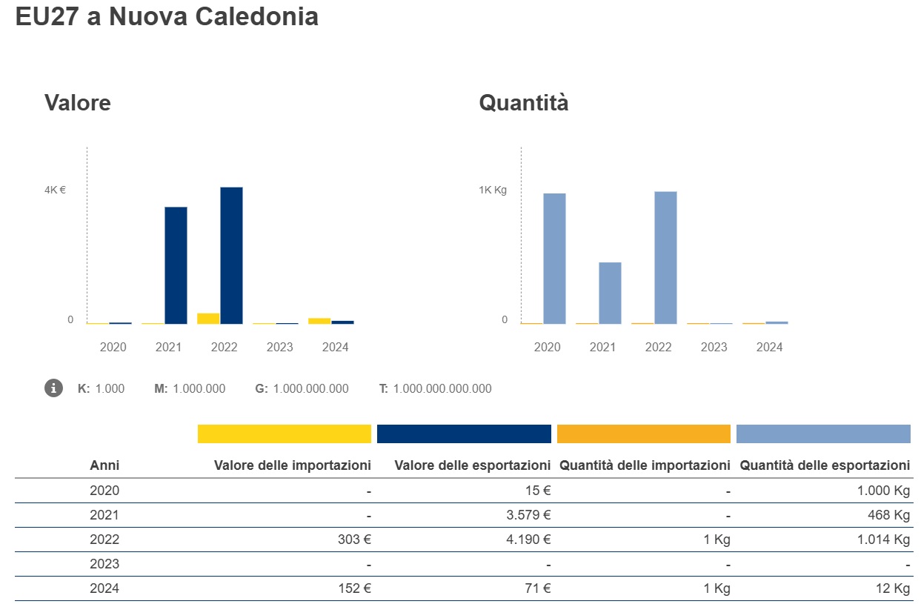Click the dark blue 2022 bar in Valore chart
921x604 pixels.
tap(231, 255)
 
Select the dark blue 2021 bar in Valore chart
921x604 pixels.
tap(176, 265)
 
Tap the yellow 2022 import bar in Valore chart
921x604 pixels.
tap(208, 319)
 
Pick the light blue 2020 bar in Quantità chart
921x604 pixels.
tap(554, 258)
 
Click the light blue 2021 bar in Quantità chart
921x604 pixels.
tap(610, 293)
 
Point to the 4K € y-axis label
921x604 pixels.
tap(55, 190)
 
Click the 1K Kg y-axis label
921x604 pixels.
tap(492, 190)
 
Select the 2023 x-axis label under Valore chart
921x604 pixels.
tap(279, 347)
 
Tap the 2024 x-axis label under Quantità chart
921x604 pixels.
tap(769, 347)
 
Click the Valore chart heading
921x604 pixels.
tap(78, 102)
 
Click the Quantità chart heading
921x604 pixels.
tap(524, 102)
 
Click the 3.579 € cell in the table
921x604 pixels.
tap(528, 515)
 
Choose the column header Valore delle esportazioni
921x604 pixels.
tap(472, 465)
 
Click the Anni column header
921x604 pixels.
tap(104, 465)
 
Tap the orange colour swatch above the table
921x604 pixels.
tap(643, 434)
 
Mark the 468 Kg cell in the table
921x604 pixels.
tap(891, 515)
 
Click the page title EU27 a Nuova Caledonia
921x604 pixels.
tap(167, 16)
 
